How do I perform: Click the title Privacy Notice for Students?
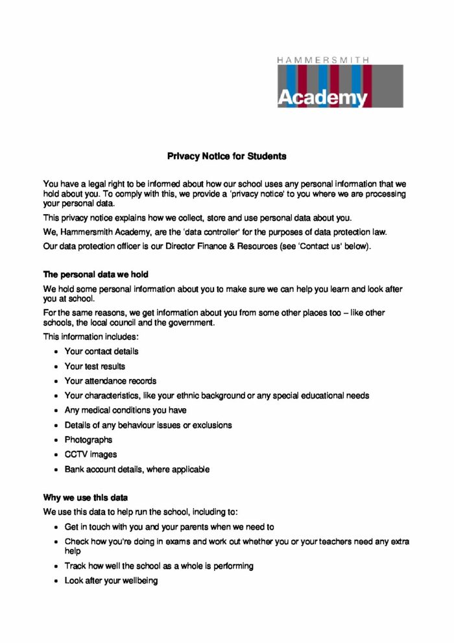pyautogui.click(x=226, y=156)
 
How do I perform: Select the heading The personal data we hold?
pyautogui.click(x=96, y=274)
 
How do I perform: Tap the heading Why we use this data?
pyautogui.click(x=85, y=498)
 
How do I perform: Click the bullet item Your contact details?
pyautogui.click(x=101, y=351)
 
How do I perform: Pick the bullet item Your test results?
pyautogui.click(x=95, y=366)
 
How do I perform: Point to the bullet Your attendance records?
pyautogui.click(x=110, y=381)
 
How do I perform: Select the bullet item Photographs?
pyautogui.click(x=88, y=440)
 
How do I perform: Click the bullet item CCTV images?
pyautogui.click(x=91, y=454)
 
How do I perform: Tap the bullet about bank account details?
pyautogui.click(x=137, y=469)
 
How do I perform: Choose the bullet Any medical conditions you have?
pyautogui.click(x=125, y=410)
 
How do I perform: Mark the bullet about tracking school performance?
pyautogui.click(x=159, y=566)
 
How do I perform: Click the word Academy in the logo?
pyautogui.click(x=322, y=97)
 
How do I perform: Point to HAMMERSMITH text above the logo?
pyautogui.click(x=323, y=59)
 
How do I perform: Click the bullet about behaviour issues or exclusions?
pyautogui.click(x=148, y=425)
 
